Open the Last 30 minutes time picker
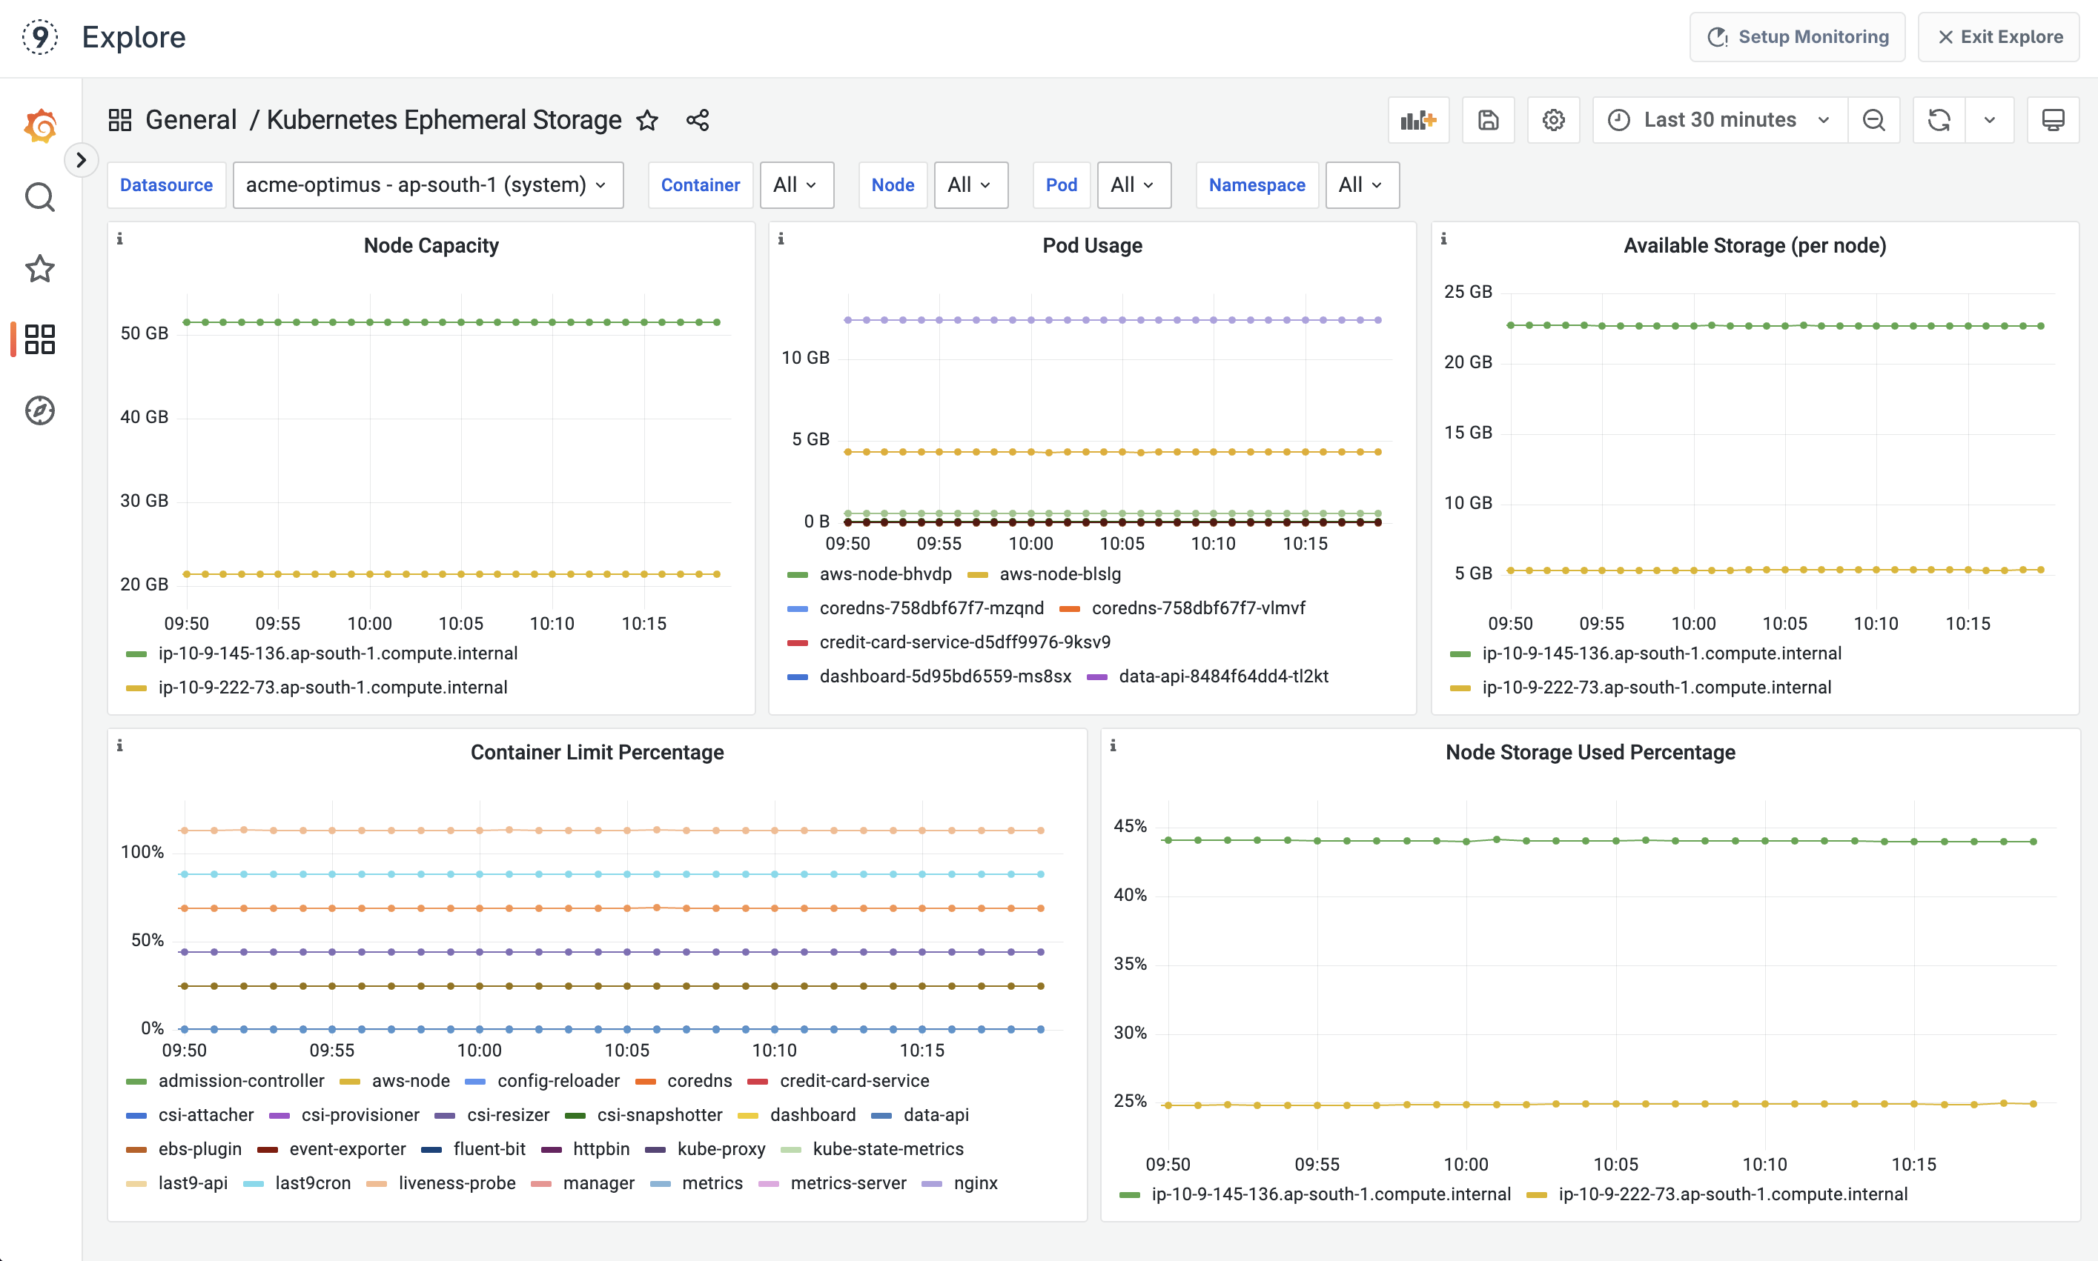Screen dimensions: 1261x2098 (x=1719, y=120)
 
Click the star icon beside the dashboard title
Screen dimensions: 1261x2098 (x=647, y=120)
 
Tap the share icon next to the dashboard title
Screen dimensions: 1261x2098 (x=697, y=120)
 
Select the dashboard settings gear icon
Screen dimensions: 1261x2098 (x=1553, y=120)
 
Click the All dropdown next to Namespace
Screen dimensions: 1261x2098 (x=1360, y=184)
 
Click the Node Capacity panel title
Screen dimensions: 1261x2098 (x=431, y=245)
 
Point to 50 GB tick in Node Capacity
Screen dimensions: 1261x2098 (x=145, y=333)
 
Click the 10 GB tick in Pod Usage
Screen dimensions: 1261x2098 (x=805, y=358)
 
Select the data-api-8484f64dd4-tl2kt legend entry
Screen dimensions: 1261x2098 (x=1222, y=676)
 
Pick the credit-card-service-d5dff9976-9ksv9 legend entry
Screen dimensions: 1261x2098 (x=964, y=642)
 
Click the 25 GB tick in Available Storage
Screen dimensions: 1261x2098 (x=1467, y=291)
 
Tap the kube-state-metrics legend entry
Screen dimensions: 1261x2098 (x=887, y=1149)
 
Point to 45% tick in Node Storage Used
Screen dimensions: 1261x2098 (x=1130, y=826)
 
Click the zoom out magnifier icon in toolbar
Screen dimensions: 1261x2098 (x=1873, y=120)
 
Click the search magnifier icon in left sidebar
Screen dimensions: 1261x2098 (x=39, y=197)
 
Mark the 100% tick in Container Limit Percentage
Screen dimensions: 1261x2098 (x=142, y=851)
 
